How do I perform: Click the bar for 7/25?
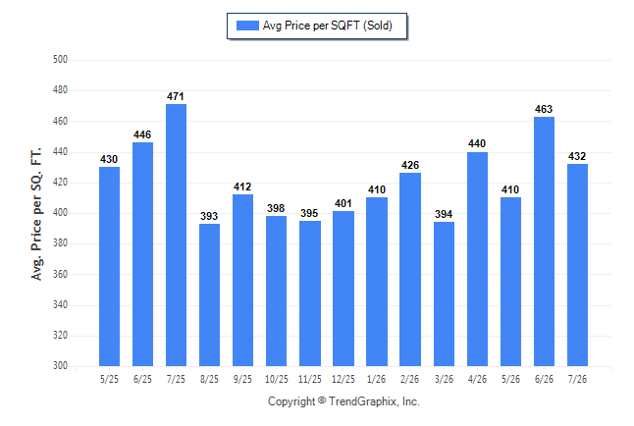(x=176, y=235)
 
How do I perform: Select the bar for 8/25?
(x=209, y=294)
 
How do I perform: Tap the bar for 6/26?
(x=544, y=241)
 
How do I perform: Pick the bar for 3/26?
(x=444, y=294)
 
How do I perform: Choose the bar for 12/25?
(x=343, y=289)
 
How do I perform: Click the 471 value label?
(x=176, y=97)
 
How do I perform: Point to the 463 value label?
(x=544, y=109)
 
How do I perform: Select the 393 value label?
(x=209, y=216)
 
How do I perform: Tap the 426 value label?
(x=410, y=165)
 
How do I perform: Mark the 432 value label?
(x=577, y=156)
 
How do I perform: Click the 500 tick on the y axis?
(x=60, y=60)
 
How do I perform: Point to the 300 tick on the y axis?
(x=60, y=365)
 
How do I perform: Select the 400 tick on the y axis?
(x=60, y=212)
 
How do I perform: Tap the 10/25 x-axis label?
(x=277, y=379)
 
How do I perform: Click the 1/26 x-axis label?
(x=377, y=379)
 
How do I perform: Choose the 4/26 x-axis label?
(x=477, y=379)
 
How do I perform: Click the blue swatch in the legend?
(x=247, y=26)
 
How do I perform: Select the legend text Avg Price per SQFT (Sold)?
(x=328, y=26)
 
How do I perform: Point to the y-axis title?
(x=36, y=214)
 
